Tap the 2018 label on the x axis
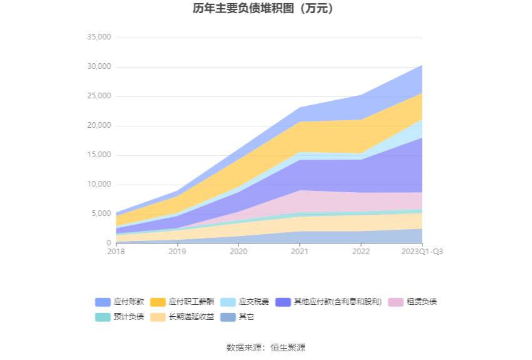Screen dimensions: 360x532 point(116,251)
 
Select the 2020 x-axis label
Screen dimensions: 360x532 point(238,251)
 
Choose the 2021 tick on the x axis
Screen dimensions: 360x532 point(300,251)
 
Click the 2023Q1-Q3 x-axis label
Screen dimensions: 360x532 point(422,251)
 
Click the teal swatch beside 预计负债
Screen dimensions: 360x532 point(103,317)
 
